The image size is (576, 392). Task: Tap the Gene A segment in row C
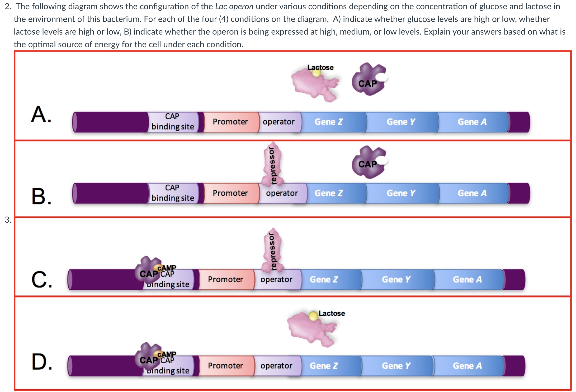[468, 279]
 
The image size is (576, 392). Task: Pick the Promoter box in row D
[225, 366]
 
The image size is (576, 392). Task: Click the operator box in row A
[279, 122]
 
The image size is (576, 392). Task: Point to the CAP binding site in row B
[173, 193]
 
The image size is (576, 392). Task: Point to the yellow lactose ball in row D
[313, 316]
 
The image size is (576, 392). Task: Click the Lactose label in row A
[320, 68]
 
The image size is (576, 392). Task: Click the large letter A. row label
[41, 115]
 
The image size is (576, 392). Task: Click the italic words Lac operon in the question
[234, 6]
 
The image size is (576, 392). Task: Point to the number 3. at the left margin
[8, 220]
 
